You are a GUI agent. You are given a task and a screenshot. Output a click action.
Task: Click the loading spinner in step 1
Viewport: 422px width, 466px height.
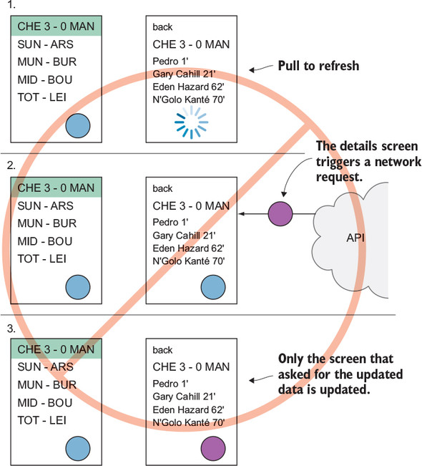(x=191, y=122)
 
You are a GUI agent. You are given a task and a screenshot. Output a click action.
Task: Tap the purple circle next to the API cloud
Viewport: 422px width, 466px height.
(x=280, y=214)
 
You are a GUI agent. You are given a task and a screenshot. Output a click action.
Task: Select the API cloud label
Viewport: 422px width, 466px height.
(x=355, y=238)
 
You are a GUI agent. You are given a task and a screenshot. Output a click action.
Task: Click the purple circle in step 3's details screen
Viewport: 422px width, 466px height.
(x=213, y=449)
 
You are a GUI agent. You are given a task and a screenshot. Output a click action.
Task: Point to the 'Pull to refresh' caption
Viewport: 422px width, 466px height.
(x=318, y=66)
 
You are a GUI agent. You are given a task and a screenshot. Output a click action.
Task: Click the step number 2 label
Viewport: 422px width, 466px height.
(x=11, y=165)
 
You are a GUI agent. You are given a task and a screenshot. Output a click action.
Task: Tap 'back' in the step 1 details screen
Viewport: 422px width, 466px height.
(x=162, y=27)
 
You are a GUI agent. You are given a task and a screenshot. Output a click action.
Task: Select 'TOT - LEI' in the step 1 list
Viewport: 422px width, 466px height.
(x=42, y=97)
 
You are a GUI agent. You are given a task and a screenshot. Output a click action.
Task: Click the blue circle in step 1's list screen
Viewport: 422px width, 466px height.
(x=78, y=126)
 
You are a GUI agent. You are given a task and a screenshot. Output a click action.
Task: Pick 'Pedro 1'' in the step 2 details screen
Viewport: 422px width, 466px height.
(x=170, y=223)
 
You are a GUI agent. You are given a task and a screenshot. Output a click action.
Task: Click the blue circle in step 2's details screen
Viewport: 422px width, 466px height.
(x=213, y=287)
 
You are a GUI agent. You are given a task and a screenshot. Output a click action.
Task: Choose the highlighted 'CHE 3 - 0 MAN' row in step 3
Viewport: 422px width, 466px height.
(x=56, y=349)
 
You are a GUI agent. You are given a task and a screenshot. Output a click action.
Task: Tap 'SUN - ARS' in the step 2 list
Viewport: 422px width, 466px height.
(x=45, y=205)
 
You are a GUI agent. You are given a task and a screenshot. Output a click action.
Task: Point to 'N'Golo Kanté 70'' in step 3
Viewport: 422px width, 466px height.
(x=189, y=422)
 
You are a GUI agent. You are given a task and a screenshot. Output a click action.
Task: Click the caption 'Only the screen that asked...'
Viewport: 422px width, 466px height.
(x=340, y=374)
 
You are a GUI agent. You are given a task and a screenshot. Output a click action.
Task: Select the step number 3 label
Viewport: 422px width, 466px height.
(x=11, y=329)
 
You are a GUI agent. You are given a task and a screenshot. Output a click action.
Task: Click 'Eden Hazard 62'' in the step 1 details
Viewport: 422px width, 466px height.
(x=188, y=87)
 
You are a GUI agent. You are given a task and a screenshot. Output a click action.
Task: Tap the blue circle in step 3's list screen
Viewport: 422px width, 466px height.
(x=78, y=449)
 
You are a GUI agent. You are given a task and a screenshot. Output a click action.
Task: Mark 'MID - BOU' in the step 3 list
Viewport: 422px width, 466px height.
(x=45, y=403)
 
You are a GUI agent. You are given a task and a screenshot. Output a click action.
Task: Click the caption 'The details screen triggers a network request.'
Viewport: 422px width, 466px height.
(x=368, y=161)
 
